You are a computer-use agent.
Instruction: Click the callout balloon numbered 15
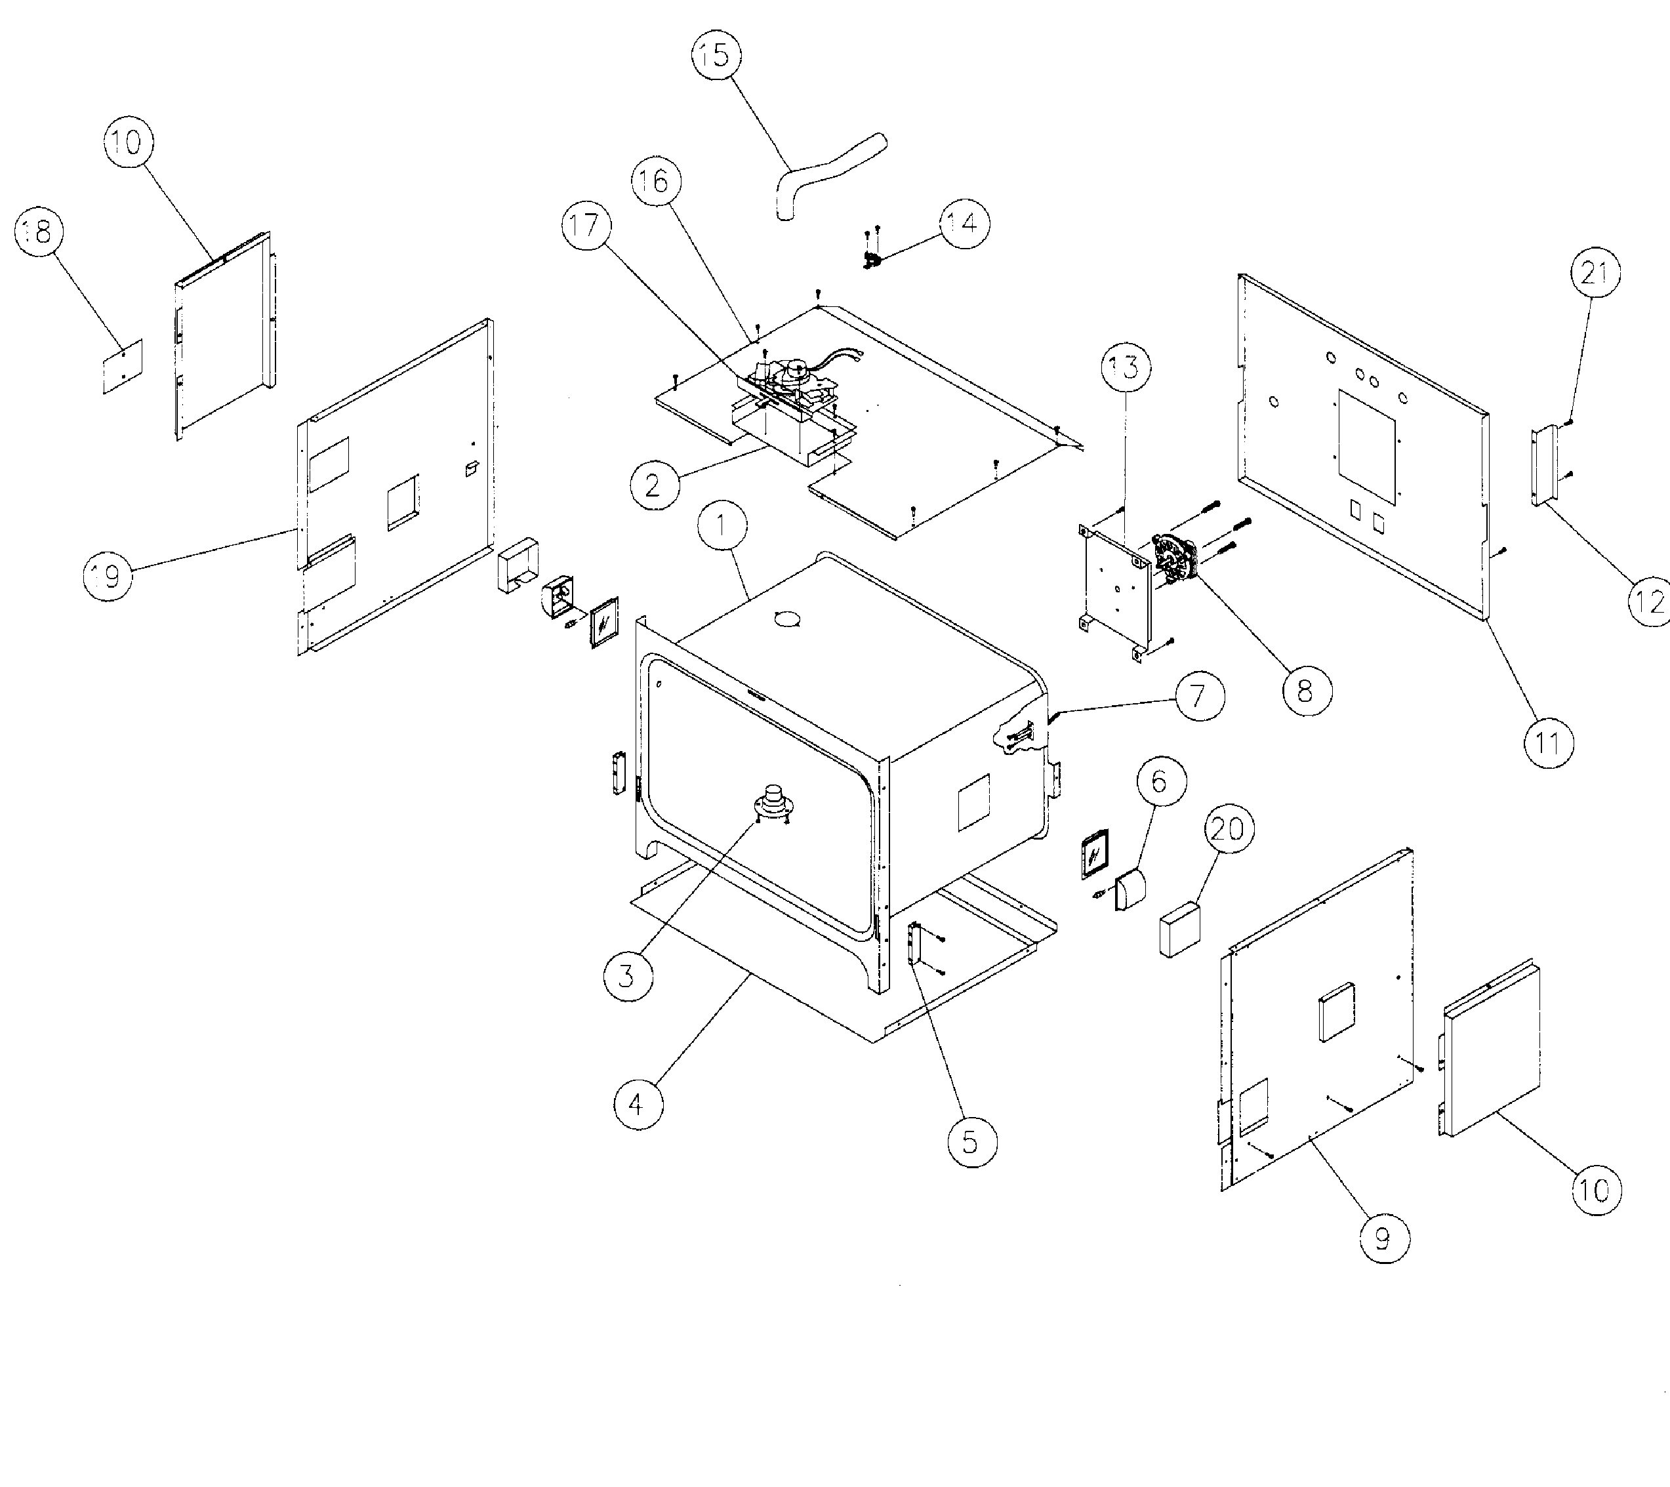[x=716, y=56]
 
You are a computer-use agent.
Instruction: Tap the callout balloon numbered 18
[x=39, y=232]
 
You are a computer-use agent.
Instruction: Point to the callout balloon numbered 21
[x=1595, y=272]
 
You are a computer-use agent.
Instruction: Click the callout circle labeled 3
[x=628, y=975]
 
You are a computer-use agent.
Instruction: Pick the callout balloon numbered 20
[x=1228, y=828]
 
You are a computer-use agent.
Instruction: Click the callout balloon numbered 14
[x=964, y=223]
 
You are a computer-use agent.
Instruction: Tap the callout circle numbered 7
[x=1198, y=696]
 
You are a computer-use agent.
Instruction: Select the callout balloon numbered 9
[x=1383, y=1238]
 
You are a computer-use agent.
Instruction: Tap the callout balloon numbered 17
[x=586, y=225]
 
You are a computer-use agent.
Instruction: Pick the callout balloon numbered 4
[x=638, y=1104]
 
